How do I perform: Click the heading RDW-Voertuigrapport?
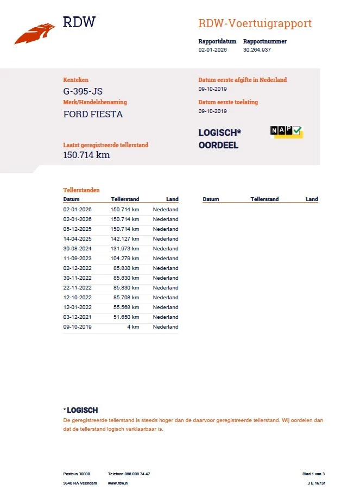pyautogui.click(x=255, y=24)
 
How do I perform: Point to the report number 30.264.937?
pyautogui.click(x=257, y=50)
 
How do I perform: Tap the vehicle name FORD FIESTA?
pyautogui.click(x=93, y=114)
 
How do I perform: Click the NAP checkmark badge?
pyautogui.click(x=286, y=131)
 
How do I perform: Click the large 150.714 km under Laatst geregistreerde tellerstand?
pyautogui.click(x=87, y=155)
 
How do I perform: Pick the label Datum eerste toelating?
pyautogui.click(x=228, y=102)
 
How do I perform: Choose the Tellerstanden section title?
pyautogui.click(x=81, y=191)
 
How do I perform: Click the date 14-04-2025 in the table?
pyautogui.click(x=78, y=239)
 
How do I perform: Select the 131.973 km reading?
pyautogui.click(x=125, y=249)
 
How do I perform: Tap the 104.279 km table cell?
pyautogui.click(x=125, y=259)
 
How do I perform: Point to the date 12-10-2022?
pyautogui.click(x=78, y=298)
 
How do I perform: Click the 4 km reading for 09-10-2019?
pyautogui.click(x=133, y=327)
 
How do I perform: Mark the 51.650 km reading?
pyautogui.click(x=125, y=317)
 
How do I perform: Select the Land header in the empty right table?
pyautogui.click(x=312, y=199)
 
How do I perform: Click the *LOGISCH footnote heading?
pyautogui.click(x=81, y=410)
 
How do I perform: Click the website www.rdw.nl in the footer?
pyautogui.click(x=118, y=483)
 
